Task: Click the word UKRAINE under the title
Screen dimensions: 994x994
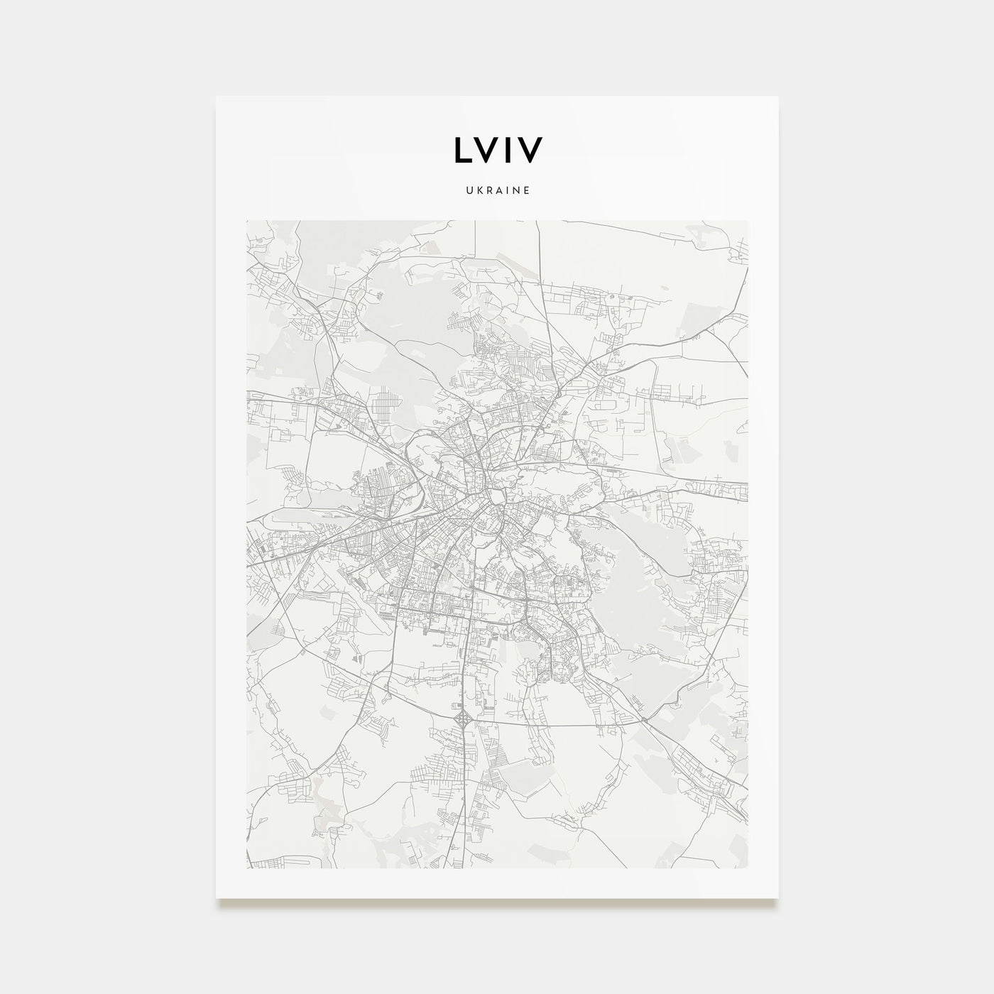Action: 497,190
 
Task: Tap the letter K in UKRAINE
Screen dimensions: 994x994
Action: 477,190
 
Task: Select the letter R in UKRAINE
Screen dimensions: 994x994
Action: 487,190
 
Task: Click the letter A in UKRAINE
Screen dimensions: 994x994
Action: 497,190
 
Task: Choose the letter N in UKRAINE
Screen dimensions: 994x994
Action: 515,190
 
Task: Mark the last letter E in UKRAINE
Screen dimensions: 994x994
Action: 526,190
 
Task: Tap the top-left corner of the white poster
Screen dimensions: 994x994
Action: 217,97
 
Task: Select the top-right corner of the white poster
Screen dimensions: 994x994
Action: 778,97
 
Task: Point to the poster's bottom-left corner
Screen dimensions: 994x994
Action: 217,897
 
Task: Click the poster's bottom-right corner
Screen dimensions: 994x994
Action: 778,897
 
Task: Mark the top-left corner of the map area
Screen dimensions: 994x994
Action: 246,220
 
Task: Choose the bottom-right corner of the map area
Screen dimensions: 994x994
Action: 748,868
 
